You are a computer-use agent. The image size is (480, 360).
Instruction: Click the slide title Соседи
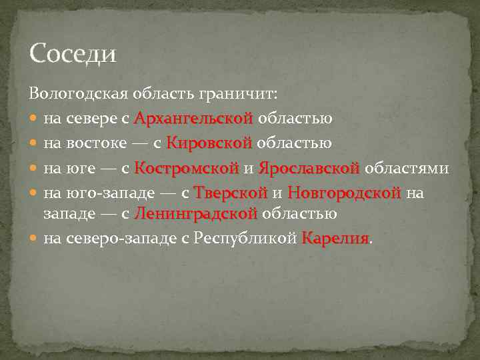[x=73, y=53]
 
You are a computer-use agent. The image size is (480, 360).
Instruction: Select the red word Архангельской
[x=193, y=119]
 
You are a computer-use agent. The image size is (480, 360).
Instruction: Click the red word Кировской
[x=209, y=143]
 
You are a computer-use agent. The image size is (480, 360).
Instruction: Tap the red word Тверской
[x=230, y=193]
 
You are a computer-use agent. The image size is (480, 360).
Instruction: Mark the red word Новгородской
[x=344, y=193]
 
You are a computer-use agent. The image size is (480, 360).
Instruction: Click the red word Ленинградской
[x=195, y=214]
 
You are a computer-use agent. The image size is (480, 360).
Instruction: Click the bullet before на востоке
[x=35, y=143]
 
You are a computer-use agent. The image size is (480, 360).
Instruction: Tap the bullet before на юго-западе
[x=35, y=193]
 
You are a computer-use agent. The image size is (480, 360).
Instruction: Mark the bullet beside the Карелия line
[x=35, y=239]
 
